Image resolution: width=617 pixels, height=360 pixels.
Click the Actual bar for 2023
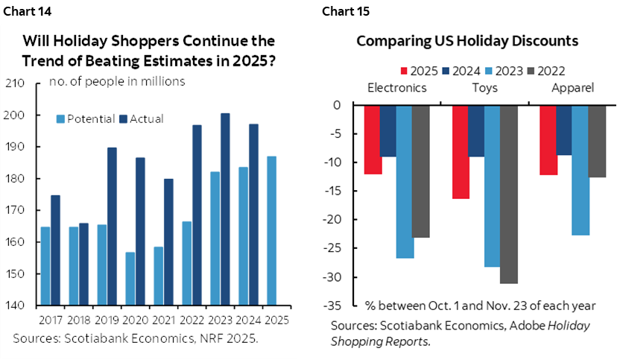[x=225, y=209]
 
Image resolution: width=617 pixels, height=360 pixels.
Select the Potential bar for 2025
[x=270, y=230]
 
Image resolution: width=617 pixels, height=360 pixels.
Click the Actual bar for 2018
[x=83, y=264]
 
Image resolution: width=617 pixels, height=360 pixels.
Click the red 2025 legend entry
[x=421, y=71]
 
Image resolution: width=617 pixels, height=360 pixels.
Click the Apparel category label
[x=574, y=87]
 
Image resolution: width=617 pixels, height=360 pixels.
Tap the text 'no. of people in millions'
[x=118, y=81]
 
